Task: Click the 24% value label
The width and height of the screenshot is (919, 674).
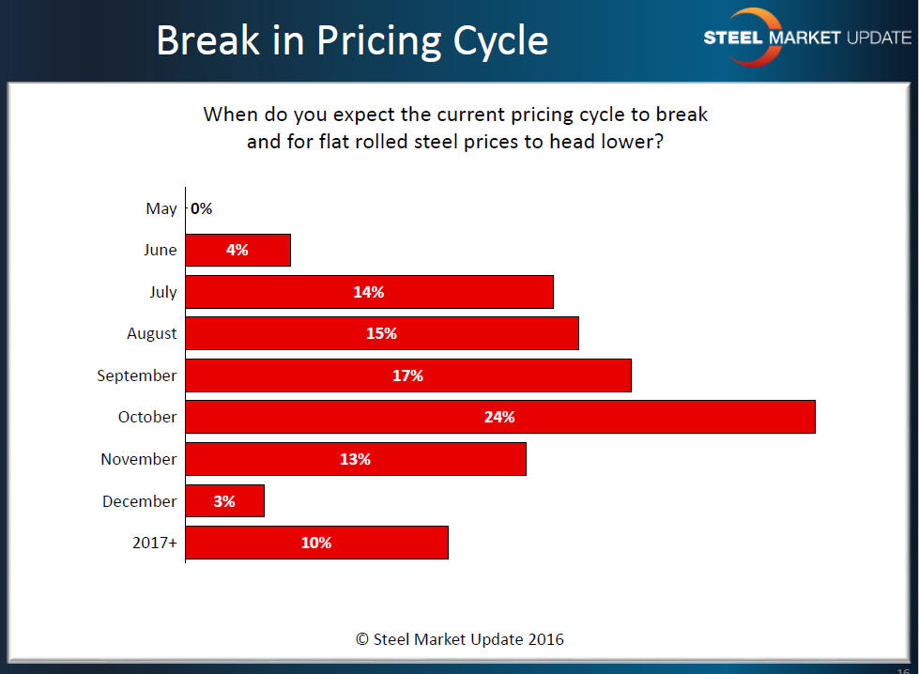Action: tap(499, 417)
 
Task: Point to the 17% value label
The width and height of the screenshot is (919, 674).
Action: tap(407, 375)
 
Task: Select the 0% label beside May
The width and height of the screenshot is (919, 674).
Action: tap(202, 208)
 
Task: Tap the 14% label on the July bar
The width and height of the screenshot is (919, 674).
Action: tap(369, 292)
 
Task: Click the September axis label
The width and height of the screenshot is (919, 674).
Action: tap(137, 375)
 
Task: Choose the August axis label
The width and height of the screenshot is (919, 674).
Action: tap(152, 333)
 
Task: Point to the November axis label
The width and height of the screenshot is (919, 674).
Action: tap(139, 459)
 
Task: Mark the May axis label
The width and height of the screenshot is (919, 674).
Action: tap(161, 208)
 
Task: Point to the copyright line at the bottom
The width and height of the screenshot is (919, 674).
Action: tap(460, 639)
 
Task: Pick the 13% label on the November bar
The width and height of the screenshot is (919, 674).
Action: tap(356, 459)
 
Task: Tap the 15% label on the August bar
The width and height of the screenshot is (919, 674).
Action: tap(382, 333)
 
